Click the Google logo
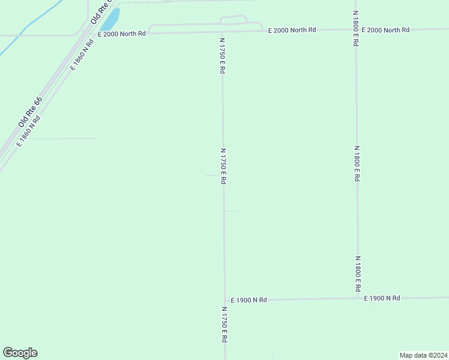point(20,353)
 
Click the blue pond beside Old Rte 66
point(109,20)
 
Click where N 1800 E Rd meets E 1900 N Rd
point(358,298)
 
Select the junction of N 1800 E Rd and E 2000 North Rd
point(356,29)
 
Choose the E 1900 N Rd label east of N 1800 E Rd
point(382,298)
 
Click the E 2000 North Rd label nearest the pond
point(122,34)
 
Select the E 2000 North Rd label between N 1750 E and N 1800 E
point(292,29)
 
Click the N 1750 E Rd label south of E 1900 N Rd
point(224,325)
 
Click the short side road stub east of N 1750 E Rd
point(232,211)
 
